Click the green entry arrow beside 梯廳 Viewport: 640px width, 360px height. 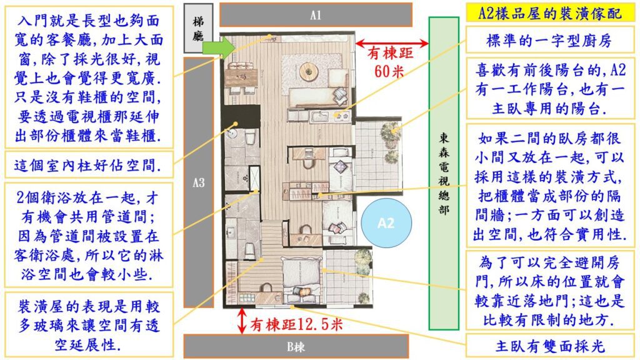pyautogui.click(x=219, y=47)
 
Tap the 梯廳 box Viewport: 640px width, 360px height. pyautogui.click(x=198, y=28)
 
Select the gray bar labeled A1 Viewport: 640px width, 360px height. pyautogui.click(x=316, y=15)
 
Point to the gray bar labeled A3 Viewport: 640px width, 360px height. pyautogui.click(x=199, y=182)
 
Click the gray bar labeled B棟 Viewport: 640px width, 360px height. pyautogui.click(x=296, y=346)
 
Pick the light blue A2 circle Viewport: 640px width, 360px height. pyautogui.click(x=386, y=223)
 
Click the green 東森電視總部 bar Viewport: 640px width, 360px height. pyautogui.click(x=444, y=173)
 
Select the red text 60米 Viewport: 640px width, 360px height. pyautogui.click(x=389, y=71)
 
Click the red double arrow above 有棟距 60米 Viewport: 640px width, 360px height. pyautogui.click(x=392, y=43)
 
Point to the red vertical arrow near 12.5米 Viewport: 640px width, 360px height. pyautogui.click(x=242, y=321)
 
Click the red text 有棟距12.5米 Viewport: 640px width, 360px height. pyautogui.click(x=296, y=325)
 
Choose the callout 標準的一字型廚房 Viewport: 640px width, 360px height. pyautogui.click(x=549, y=41)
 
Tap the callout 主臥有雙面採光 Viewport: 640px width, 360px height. pyautogui.click(x=549, y=346)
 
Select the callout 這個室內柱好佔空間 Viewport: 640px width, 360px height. pyautogui.click(x=89, y=165)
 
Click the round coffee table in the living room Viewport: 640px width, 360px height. pyautogui.click(x=309, y=72)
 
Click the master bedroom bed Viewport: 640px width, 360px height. pyautogui.click(x=301, y=276)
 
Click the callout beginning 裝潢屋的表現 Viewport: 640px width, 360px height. pyautogui.click(x=89, y=325)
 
